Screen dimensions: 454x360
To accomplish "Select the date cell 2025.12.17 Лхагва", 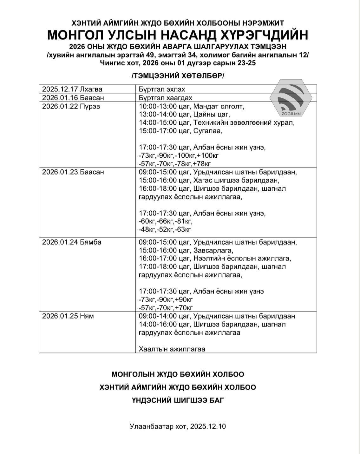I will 72,89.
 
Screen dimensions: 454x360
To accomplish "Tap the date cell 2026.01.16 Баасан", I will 73,97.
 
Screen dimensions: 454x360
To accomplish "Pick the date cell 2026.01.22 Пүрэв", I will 71,106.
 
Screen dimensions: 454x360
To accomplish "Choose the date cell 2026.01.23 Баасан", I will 73,172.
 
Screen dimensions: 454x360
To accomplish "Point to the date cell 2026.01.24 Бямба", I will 72,242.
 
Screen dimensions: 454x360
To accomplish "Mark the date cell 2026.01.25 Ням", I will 68,316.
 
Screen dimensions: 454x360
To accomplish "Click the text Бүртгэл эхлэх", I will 162,89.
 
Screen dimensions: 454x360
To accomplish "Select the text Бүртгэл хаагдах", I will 165,97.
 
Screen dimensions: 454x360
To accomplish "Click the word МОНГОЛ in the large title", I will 77,35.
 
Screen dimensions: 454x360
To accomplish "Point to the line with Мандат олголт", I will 192,106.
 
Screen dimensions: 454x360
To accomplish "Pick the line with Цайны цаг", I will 184,114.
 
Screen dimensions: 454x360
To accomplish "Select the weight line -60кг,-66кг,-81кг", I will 166,221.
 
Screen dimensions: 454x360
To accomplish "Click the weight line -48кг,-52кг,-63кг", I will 165,229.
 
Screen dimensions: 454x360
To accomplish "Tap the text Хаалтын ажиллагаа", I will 172,349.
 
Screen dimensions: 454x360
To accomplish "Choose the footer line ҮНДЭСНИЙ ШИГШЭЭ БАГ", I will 178,400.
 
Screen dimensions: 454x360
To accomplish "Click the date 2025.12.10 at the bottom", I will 208,426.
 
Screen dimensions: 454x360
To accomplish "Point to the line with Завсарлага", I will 186,250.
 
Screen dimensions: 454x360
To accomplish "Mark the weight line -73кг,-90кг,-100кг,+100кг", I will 179,155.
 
